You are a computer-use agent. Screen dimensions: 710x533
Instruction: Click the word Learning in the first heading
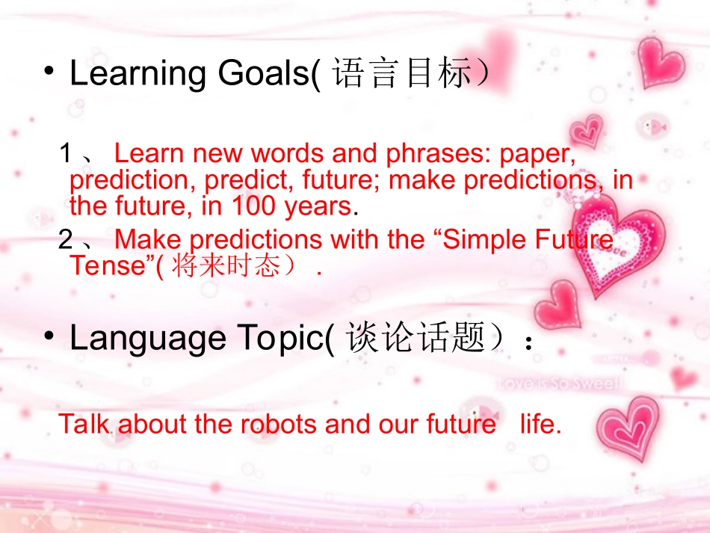tap(138, 74)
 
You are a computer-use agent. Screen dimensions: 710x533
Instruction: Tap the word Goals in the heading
tap(265, 73)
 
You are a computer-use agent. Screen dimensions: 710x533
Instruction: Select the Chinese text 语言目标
tap(401, 73)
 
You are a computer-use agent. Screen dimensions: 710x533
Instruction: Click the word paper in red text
tap(537, 155)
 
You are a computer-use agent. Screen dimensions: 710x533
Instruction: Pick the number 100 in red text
tap(253, 206)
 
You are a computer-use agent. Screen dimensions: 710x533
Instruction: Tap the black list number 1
tap(66, 153)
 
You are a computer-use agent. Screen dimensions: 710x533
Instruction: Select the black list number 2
tap(66, 239)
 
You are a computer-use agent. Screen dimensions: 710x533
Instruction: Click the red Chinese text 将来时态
tap(226, 266)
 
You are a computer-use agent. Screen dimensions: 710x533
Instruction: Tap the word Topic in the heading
tap(281, 339)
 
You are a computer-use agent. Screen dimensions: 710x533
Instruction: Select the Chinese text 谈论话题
tap(416, 337)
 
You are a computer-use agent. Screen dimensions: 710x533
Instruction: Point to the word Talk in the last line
tap(84, 425)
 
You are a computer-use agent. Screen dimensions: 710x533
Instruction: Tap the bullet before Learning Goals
tap(49, 71)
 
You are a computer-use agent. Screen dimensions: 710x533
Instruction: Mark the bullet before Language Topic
tap(49, 336)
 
